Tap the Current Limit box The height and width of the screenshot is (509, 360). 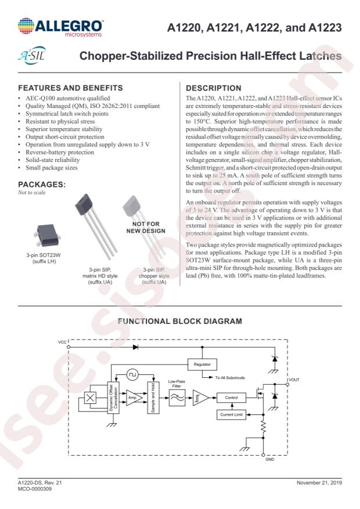pyautogui.click(x=231, y=414)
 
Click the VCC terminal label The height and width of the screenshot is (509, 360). pyautogui.click(x=62, y=342)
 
